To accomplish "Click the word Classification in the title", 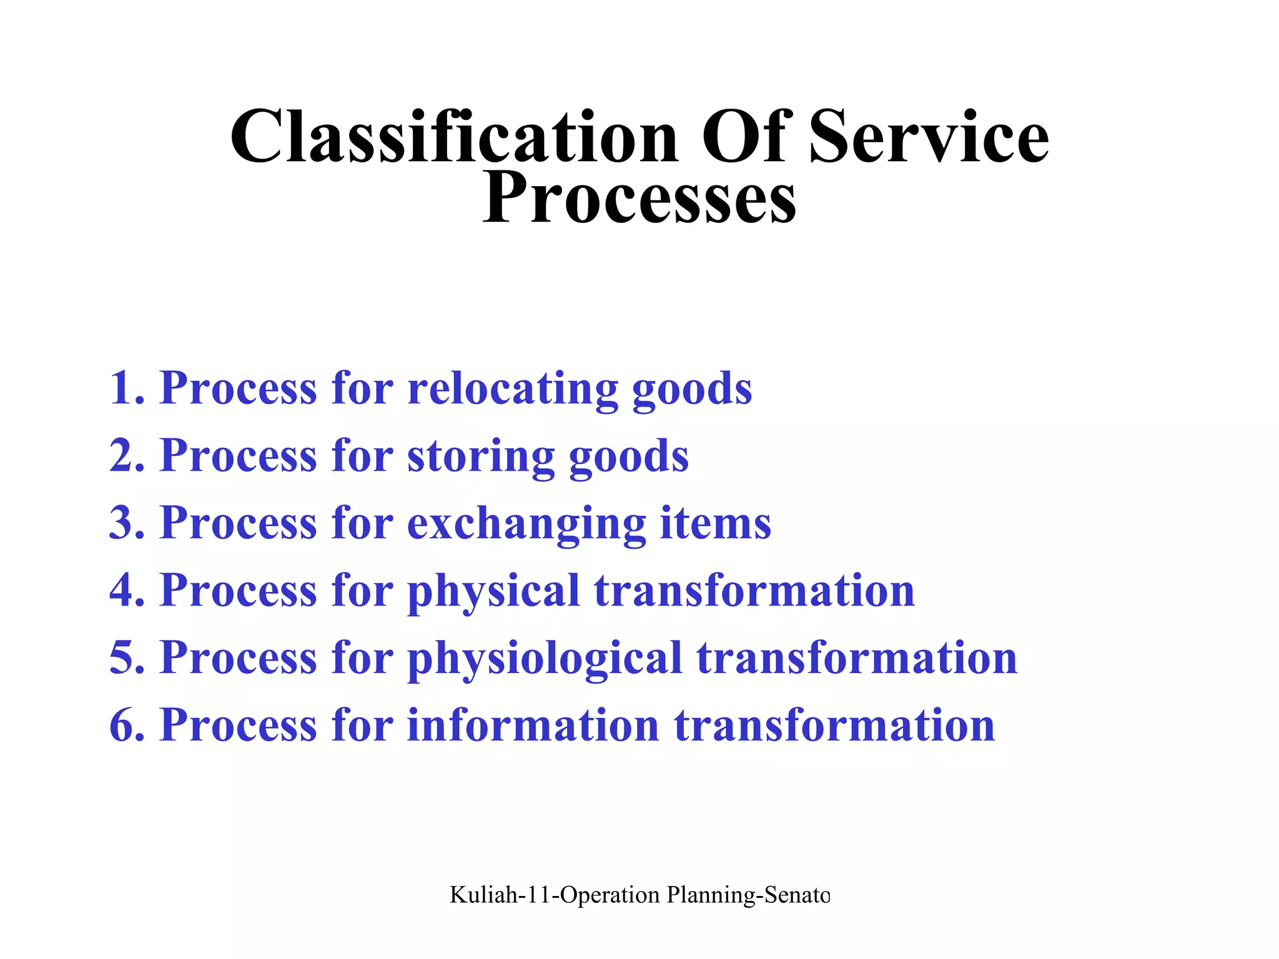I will point(454,137).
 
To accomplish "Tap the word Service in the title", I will point(929,137).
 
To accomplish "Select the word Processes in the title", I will point(639,199).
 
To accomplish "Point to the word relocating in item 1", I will point(512,388).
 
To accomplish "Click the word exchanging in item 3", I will point(526,523).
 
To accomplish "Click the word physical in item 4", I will point(493,591).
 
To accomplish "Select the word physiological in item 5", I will point(545,658).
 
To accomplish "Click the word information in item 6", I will point(533,725).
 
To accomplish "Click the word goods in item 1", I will point(692,388).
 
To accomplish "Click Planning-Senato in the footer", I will point(748,895).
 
